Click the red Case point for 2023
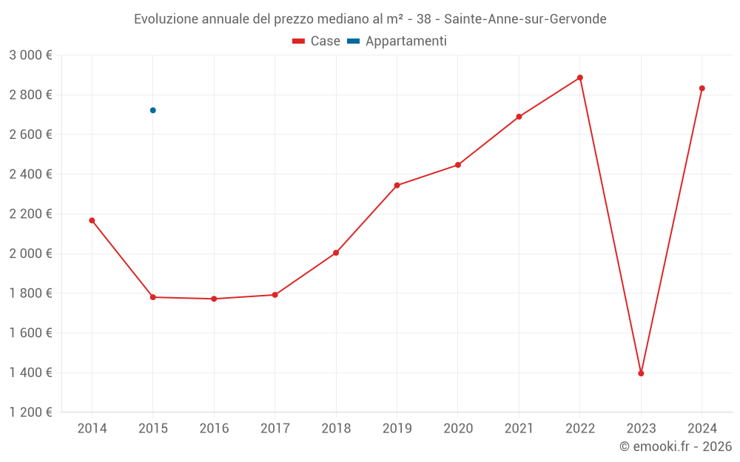pos(641,373)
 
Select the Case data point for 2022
pos(580,78)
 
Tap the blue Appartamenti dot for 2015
pos(153,110)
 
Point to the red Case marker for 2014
pos(92,220)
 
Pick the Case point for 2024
pos(702,89)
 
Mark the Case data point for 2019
pos(397,186)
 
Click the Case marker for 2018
pos(336,253)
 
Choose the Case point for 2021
pos(519,117)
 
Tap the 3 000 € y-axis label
pos(30,55)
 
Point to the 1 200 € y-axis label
pos(30,412)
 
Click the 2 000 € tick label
pos(30,254)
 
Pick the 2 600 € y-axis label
pos(30,135)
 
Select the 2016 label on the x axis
pos(214,429)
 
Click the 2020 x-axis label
pos(458,429)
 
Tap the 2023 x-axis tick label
pos(641,429)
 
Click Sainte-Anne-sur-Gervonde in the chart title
pos(525,19)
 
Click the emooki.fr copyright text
pos(676,446)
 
